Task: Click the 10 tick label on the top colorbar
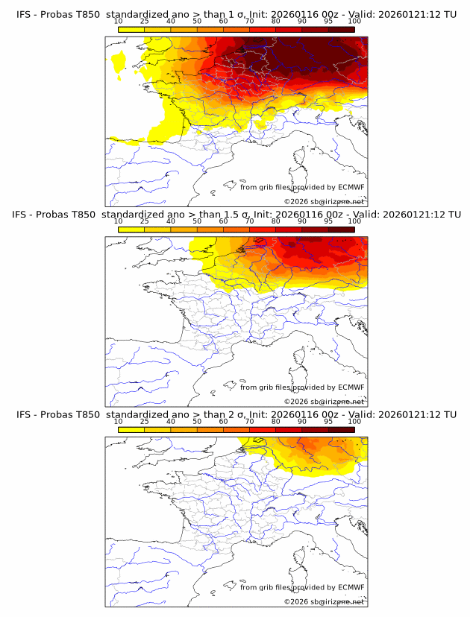click(x=118, y=22)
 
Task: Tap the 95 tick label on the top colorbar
click(x=328, y=22)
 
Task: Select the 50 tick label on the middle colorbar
click(x=197, y=221)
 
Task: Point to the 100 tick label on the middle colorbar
click(x=354, y=221)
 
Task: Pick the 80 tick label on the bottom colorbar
click(x=276, y=422)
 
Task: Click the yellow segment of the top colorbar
click(x=131, y=29)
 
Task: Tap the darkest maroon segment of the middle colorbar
click(x=341, y=230)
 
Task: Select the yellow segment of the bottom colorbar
click(x=131, y=430)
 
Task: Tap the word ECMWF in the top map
click(x=351, y=188)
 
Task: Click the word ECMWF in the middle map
click(x=351, y=387)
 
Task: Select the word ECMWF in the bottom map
click(x=351, y=588)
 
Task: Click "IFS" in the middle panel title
click(x=23, y=215)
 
